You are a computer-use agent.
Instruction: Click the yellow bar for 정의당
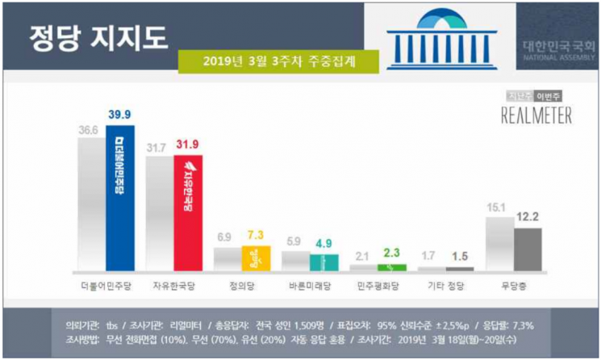coord(255,258)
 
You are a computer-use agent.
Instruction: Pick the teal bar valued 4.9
coord(323,262)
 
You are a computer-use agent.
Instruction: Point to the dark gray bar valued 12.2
coord(528,249)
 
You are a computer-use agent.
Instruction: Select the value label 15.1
coord(496,209)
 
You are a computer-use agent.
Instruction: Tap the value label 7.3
coord(257,235)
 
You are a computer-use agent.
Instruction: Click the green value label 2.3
coord(393,252)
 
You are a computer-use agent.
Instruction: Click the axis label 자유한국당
coord(175,286)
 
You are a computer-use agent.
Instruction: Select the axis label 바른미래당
coord(311,286)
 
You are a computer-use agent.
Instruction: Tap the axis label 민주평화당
coord(378,286)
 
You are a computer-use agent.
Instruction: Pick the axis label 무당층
coord(514,286)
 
